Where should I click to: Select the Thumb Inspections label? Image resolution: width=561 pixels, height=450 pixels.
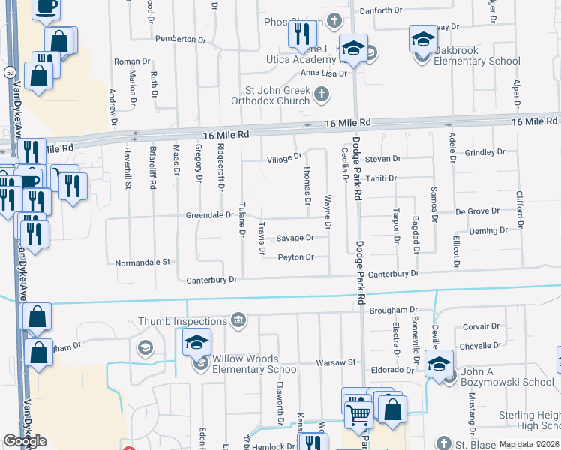(x=183, y=321)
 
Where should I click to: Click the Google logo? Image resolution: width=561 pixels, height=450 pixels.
(x=25, y=441)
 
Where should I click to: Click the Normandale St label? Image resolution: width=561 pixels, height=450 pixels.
(x=143, y=263)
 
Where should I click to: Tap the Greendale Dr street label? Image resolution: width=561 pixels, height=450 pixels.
(x=210, y=215)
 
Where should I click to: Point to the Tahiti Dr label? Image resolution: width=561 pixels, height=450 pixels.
(x=381, y=178)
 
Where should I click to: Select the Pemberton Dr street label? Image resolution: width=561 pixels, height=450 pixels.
(x=180, y=38)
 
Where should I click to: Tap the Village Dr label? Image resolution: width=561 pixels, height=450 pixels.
(x=284, y=159)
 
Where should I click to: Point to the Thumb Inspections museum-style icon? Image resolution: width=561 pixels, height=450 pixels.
(x=238, y=321)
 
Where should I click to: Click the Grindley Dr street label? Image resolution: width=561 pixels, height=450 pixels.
(x=485, y=152)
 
